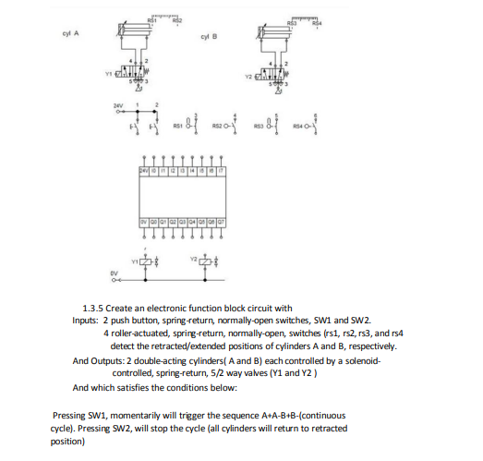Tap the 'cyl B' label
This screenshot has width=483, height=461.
[x=207, y=38]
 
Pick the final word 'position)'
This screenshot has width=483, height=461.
[x=67, y=441]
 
